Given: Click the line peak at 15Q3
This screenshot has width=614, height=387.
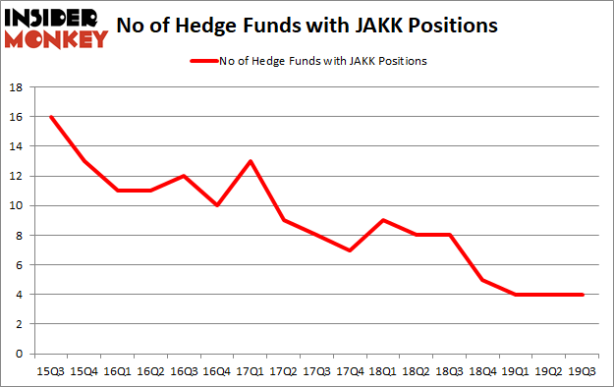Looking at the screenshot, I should [x=50, y=117].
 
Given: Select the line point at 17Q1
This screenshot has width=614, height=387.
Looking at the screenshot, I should [x=251, y=161].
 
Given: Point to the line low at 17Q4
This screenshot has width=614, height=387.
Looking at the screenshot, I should [x=351, y=249].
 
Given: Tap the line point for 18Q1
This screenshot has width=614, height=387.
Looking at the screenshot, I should [x=384, y=220].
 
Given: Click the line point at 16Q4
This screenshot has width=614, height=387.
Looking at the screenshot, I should [x=217, y=205].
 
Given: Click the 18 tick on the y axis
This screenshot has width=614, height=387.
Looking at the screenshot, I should [x=17, y=87].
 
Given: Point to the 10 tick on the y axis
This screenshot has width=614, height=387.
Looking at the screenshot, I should [x=17, y=205].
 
